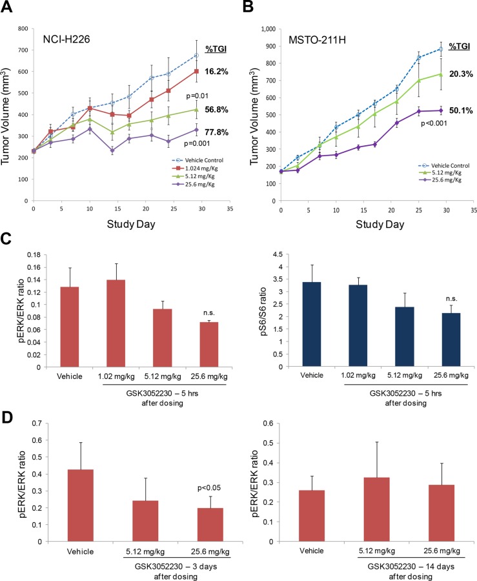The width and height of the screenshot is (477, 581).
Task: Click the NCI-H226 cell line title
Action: coord(63,39)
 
